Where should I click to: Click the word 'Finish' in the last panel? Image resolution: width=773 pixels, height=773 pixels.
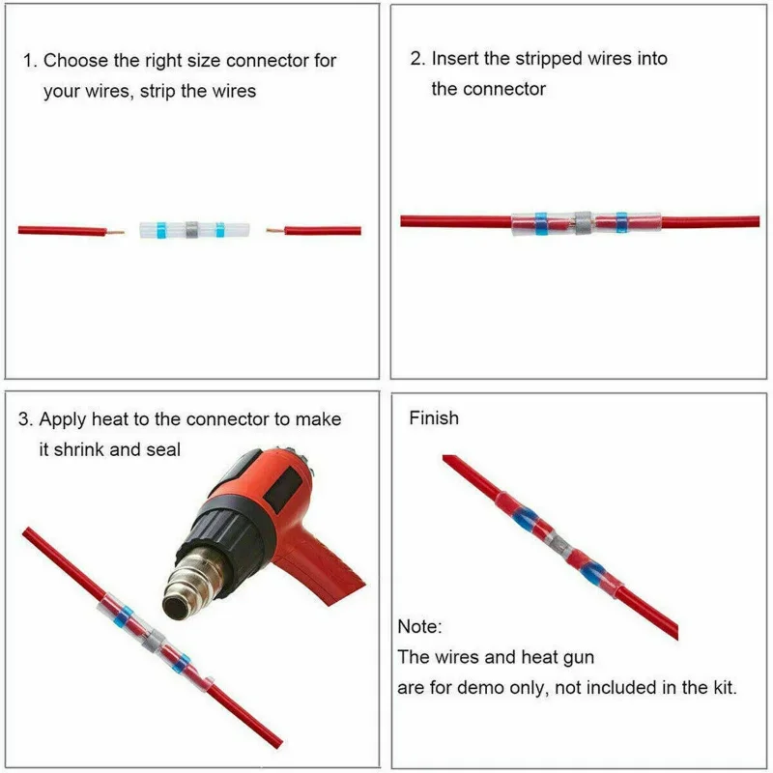coord(434,418)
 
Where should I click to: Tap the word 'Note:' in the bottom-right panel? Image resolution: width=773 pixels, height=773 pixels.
coord(419,626)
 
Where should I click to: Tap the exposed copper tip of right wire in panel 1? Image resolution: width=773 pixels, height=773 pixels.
coord(273,231)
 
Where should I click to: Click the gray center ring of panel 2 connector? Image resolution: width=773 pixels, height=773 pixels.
coord(583,221)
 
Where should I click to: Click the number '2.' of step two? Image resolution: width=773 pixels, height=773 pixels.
coord(417,58)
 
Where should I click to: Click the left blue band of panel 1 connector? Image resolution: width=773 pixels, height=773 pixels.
coord(161,230)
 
